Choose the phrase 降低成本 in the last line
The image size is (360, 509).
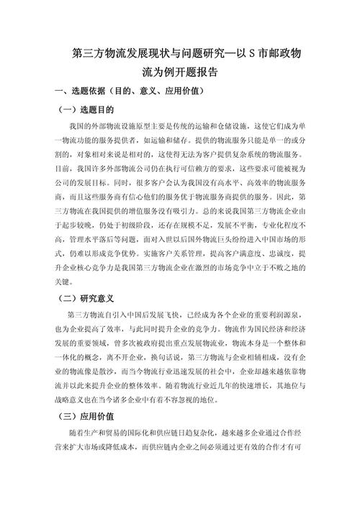(x=125, y=446)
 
